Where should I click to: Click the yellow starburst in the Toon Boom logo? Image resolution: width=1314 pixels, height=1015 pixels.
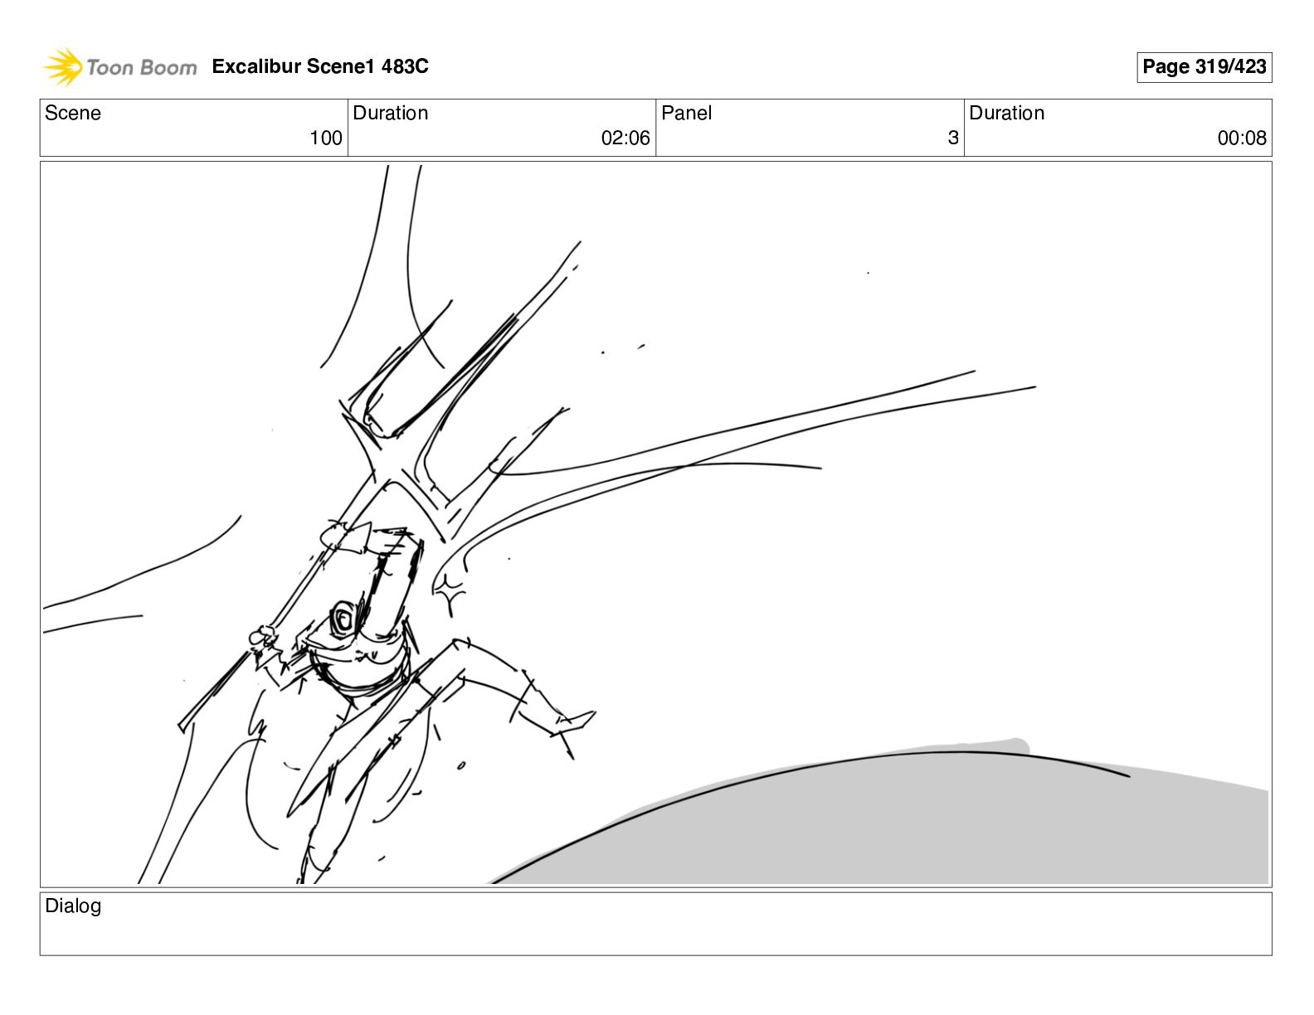point(63,66)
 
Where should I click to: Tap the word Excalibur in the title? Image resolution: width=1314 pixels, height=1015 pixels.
point(256,66)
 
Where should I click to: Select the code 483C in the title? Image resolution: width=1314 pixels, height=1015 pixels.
point(405,66)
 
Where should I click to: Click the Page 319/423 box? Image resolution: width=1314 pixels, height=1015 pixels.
point(1204,66)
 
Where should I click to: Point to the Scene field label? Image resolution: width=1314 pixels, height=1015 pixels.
point(72,113)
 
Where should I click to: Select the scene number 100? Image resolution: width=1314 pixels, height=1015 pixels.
point(326,138)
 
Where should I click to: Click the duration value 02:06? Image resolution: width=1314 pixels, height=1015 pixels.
point(625,138)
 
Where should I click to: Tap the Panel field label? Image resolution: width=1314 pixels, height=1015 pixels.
point(686,113)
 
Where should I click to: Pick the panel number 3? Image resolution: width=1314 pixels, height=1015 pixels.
point(953,138)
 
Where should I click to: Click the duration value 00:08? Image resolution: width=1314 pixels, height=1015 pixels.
point(1242,138)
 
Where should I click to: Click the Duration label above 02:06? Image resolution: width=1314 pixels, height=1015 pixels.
point(390,113)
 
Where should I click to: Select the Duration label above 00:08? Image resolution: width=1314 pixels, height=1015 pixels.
point(1007,113)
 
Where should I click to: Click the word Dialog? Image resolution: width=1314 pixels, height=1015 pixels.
point(72,906)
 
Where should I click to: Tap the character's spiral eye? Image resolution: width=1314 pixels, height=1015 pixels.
point(343,619)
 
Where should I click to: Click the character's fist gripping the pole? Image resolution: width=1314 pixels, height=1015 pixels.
point(264,636)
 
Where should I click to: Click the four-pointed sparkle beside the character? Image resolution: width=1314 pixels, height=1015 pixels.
point(450,595)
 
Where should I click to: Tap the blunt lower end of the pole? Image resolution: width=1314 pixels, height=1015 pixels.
point(182,726)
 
